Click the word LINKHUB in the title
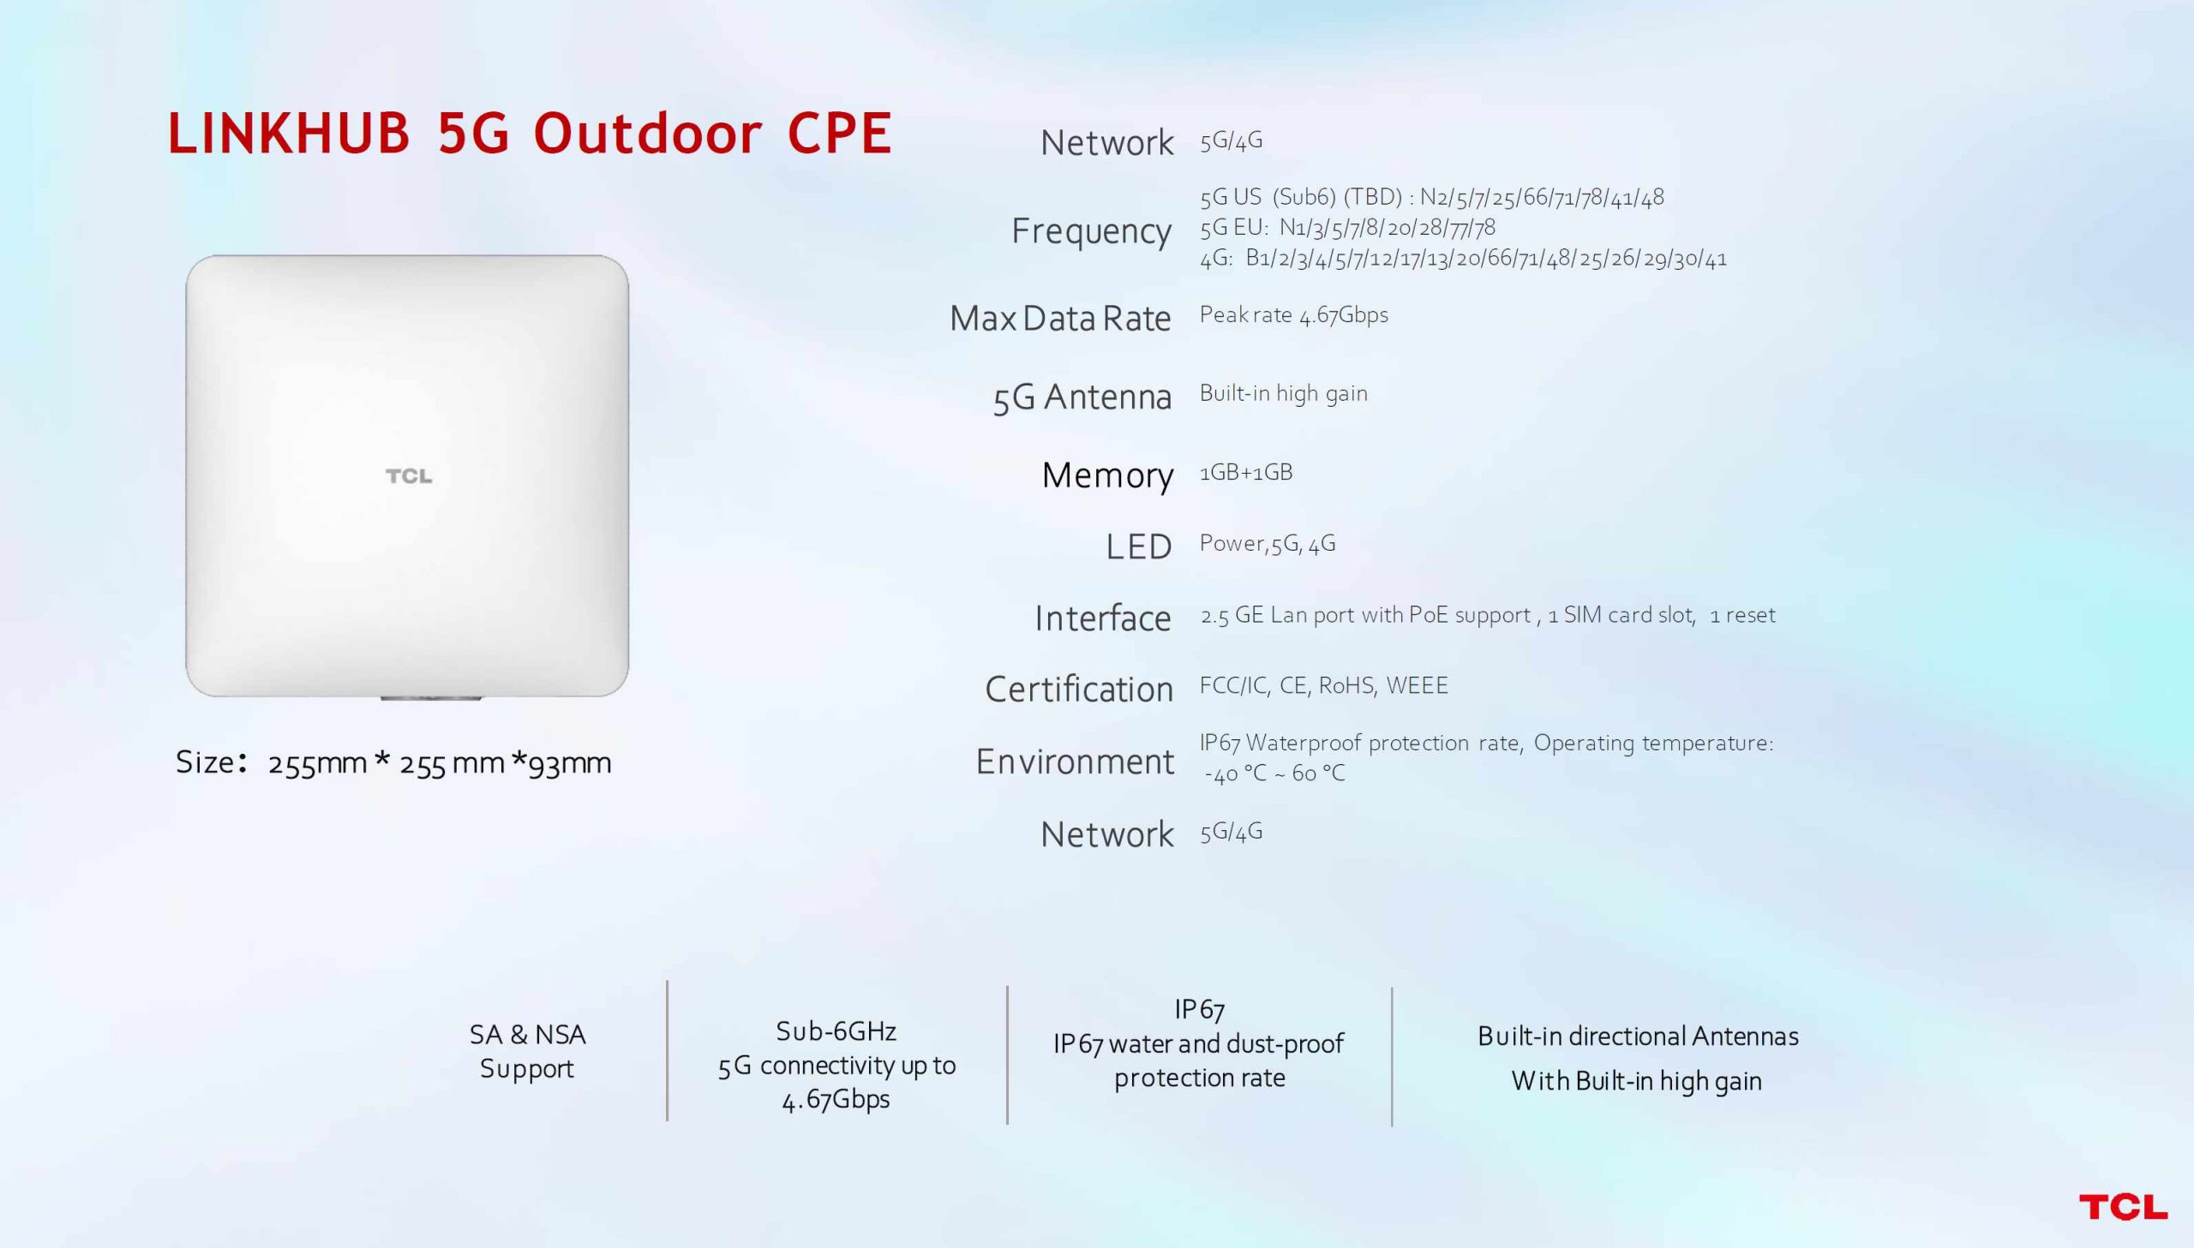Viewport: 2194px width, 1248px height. click(x=289, y=134)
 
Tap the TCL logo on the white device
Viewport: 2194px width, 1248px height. click(x=409, y=475)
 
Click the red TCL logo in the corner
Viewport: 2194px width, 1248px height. click(x=2123, y=1207)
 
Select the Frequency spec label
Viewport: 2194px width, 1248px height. click(x=1090, y=230)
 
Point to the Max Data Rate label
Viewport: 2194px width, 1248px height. click(x=1059, y=318)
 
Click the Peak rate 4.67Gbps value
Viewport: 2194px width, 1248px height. click(x=1294, y=314)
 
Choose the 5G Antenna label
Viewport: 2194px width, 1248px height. click(x=1082, y=397)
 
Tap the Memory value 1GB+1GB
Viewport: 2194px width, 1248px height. click(x=1246, y=472)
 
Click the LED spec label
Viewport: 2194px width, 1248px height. click(x=1139, y=546)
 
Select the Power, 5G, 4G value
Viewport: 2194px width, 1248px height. click(x=1268, y=543)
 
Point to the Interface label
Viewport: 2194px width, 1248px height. click(x=1103, y=618)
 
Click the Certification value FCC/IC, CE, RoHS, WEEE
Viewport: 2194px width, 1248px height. click(x=1324, y=686)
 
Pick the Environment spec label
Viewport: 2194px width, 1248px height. click(x=1075, y=761)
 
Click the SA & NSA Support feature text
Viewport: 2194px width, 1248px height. click(x=527, y=1052)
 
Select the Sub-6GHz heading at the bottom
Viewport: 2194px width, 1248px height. click(x=836, y=1031)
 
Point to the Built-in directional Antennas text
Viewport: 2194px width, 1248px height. click(x=1638, y=1036)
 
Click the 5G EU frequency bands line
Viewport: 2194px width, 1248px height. click(x=1348, y=228)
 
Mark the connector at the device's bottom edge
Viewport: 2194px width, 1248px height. click(x=431, y=699)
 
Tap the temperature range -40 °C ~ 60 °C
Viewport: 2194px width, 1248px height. click(x=1275, y=774)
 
